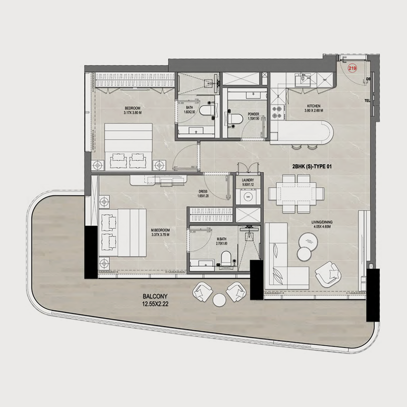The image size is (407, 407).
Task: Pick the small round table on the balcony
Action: click(219, 300)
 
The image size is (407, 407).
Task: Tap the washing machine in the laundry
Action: click(248, 196)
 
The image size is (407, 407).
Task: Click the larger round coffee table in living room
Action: click(308, 239)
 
